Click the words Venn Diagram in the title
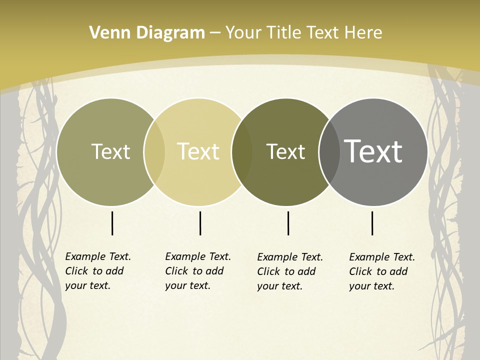point(147,33)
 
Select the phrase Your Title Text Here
point(303,33)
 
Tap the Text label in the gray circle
point(373,151)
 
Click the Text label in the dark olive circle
point(285,151)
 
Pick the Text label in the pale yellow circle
point(198,151)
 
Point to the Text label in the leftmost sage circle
point(110,151)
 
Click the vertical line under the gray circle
point(372,223)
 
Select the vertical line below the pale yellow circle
point(200,223)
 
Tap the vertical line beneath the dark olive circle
point(288,223)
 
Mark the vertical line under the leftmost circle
point(112,223)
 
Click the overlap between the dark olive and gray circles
point(328,152)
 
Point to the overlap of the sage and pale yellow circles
point(154,152)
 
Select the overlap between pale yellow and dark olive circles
point(242,152)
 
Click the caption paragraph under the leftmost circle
point(98,271)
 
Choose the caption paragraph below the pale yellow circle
point(198,271)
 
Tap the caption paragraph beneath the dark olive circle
point(290,271)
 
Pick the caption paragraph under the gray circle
point(382,271)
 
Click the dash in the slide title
point(215,33)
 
